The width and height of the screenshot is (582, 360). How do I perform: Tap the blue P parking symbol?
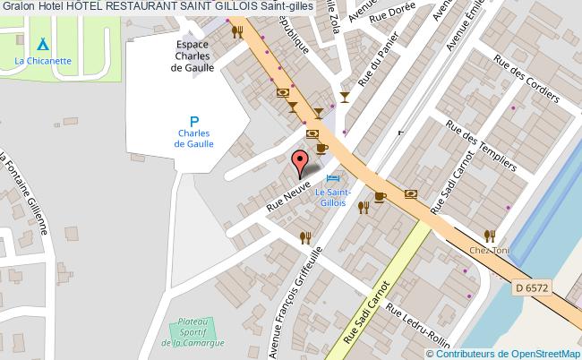[x=193, y=120]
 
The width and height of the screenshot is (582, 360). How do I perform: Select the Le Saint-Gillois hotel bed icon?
[x=334, y=179]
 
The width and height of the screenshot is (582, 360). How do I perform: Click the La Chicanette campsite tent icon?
[x=43, y=45]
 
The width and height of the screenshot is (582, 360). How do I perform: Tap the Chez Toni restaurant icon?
[x=489, y=236]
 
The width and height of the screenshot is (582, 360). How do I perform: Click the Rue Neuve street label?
[x=289, y=198]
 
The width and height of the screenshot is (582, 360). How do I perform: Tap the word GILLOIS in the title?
[x=219, y=6]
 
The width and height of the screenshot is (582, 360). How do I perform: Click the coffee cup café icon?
[x=322, y=149]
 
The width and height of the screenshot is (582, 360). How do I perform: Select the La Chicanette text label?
[x=43, y=61]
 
